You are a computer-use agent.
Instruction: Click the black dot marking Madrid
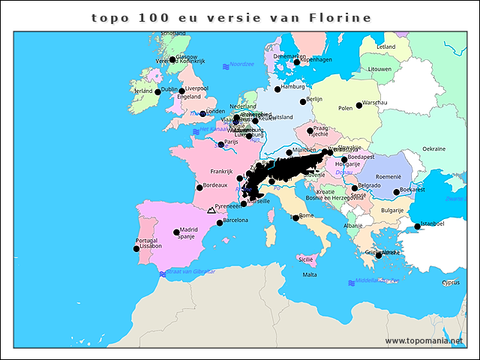tap(177, 232)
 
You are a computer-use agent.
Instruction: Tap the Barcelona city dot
tap(220, 223)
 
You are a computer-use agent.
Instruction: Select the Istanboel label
tap(433, 223)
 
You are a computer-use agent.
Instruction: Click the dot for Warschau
tap(359, 105)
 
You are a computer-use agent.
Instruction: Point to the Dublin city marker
tap(157, 92)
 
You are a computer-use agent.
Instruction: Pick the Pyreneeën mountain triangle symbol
tap(211, 211)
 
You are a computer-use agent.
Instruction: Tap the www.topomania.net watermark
tap(424, 341)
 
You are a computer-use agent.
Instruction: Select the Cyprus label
tap(450, 283)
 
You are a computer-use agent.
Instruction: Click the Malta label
tap(310, 274)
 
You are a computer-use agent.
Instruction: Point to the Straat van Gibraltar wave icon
tap(163, 274)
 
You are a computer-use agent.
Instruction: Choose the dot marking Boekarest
tap(397, 192)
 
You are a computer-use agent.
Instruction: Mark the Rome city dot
tap(296, 218)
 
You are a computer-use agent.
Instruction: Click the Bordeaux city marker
tap(199, 187)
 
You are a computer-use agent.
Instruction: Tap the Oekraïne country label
tap(434, 148)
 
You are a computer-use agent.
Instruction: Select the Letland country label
tap(386, 46)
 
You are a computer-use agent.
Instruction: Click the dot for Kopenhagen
tap(297, 62)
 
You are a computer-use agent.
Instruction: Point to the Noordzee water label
tap(242, 64)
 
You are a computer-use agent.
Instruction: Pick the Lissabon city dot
tap(136, 248)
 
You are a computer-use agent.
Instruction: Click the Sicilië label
tap(306, 259)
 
